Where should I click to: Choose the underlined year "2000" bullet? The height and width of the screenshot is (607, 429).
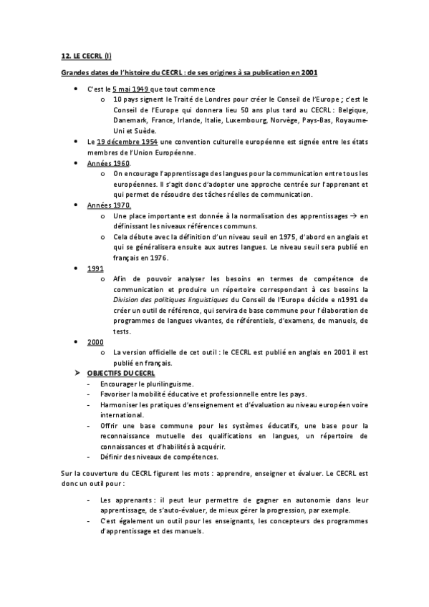pos(95,342)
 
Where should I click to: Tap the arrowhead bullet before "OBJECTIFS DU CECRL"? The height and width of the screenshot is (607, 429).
pos(79,373)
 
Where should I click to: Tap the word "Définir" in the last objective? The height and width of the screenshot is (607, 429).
pos(112,456)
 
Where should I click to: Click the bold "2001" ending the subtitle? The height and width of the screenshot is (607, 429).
pos(310,72)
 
